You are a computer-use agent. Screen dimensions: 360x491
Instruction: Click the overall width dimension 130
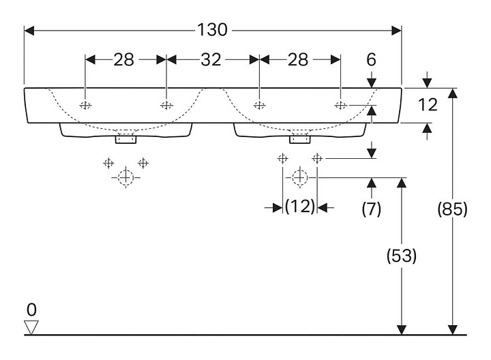[212, 30]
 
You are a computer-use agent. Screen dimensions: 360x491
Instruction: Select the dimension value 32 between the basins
[211, 59]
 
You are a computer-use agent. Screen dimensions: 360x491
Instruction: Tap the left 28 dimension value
[123, 59]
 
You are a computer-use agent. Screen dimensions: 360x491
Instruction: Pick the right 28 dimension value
[297, 59]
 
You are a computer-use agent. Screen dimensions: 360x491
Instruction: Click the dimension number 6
[371, 59]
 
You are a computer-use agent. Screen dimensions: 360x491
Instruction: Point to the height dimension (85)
[452, 210]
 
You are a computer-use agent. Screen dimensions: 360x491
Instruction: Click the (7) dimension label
[371, 209]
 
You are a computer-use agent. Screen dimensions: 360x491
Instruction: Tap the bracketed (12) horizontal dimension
[300, 207]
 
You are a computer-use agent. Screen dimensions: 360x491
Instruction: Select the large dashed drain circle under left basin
[125, 178]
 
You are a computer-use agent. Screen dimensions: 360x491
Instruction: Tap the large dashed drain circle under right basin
[299, 178]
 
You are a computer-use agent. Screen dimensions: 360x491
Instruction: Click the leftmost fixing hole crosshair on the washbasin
[85, 105]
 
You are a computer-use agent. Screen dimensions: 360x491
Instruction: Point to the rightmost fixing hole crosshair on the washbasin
[340, 105]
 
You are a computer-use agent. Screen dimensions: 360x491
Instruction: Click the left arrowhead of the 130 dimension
[28, 30]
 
